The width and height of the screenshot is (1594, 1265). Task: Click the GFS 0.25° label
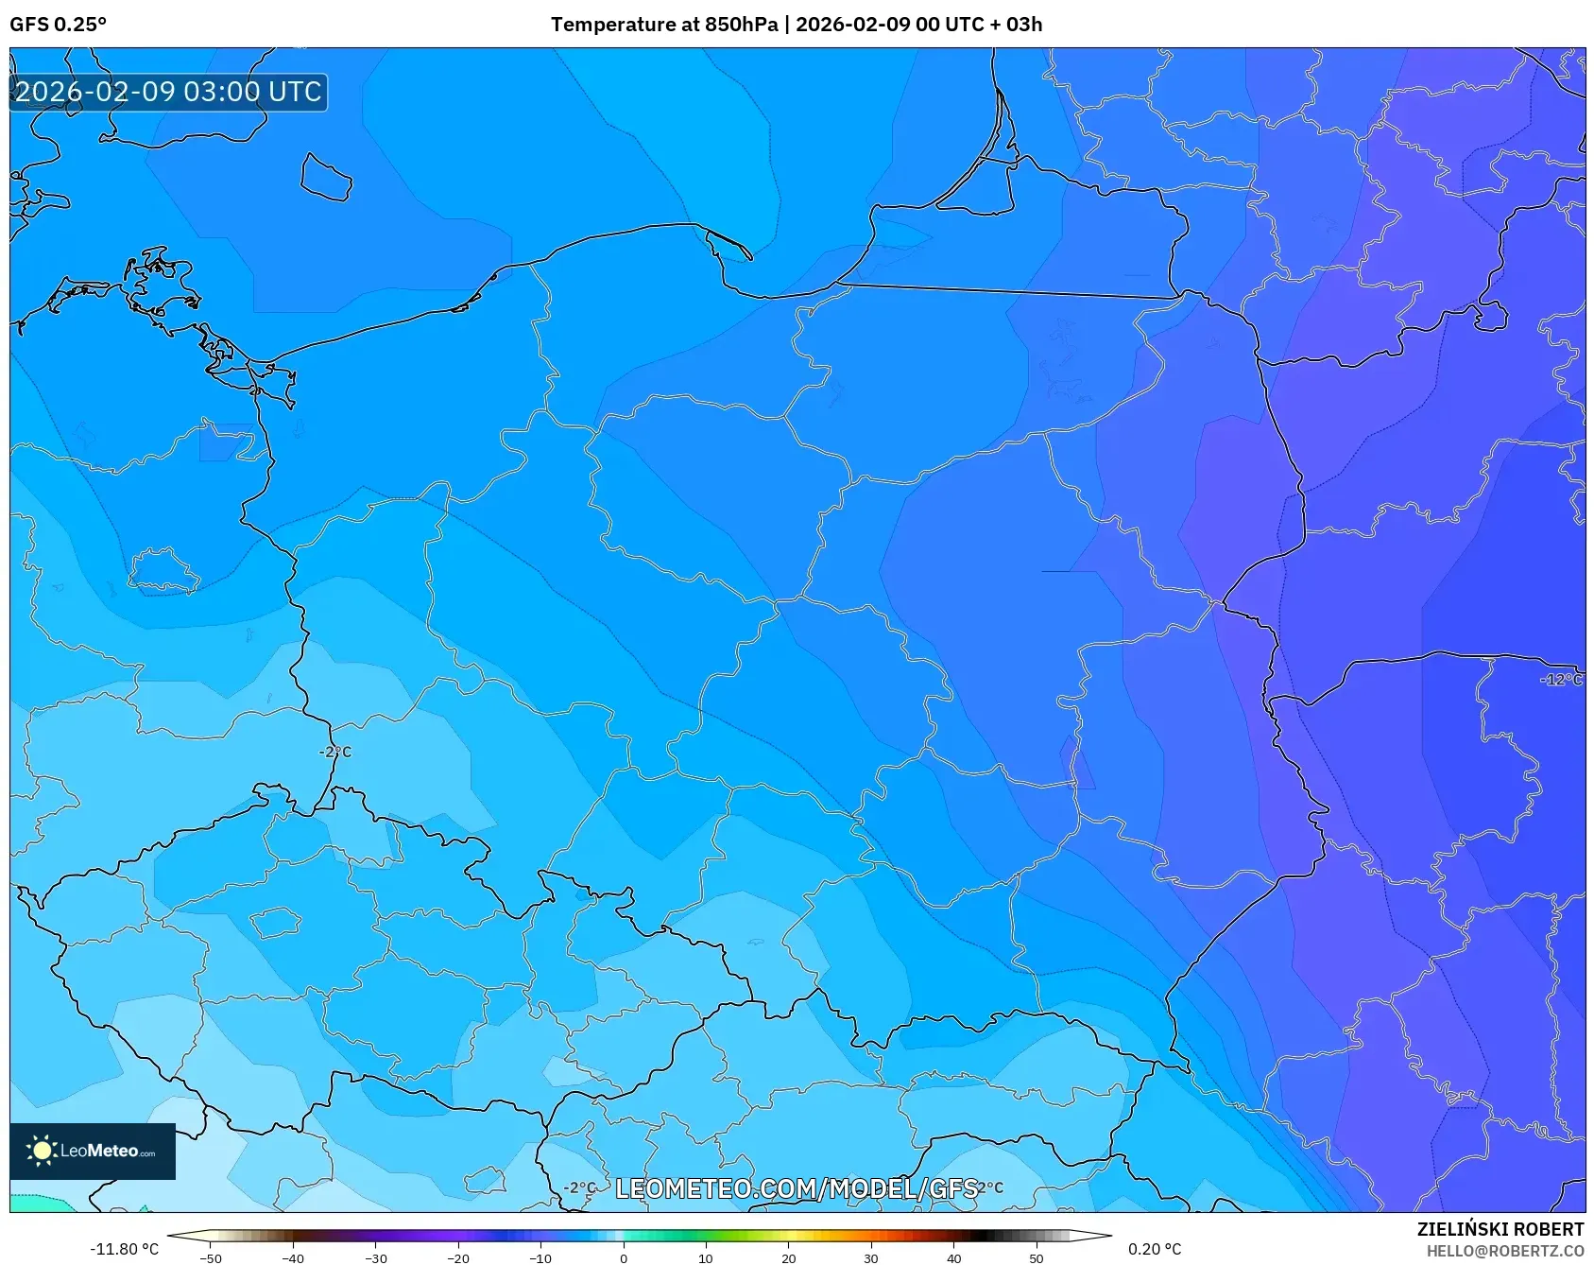click(x=58, y=24)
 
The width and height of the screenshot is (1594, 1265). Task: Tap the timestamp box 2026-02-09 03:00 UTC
click(x=168, y=92)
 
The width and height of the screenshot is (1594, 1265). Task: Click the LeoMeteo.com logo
click(x=93, y=1151)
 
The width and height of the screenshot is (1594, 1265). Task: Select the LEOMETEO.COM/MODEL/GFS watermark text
click(x=796, y=1188)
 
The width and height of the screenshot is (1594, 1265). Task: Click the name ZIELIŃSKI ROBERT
click(x=1500, y=1229)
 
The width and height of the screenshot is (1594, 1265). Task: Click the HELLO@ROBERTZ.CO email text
click(x=1504, y=1251)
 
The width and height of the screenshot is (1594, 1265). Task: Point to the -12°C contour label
click(x=1560, y=680)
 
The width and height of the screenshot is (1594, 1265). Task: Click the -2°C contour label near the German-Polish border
click(x=335, y=752)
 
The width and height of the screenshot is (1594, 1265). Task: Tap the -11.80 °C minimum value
click(x=124, y=1249)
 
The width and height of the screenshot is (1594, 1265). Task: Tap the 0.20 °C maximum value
click(x=1154, y=1249)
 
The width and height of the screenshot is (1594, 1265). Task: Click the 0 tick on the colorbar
click(x=623, y=1257)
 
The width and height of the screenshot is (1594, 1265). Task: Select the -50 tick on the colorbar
click(x=211, y=1257)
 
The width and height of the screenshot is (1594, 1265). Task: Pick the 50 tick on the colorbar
click(x=1036, y=1257)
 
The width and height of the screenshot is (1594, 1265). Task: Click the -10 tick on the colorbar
click(x=540, y=1257)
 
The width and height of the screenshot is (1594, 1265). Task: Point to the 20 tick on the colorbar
click(x=788, y=1257)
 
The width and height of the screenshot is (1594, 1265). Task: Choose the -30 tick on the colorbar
click(x=375, y=1257)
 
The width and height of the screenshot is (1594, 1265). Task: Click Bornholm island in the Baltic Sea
click(x=326, y=178)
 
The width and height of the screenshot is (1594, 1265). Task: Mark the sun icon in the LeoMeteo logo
click(x=42, y=1151)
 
